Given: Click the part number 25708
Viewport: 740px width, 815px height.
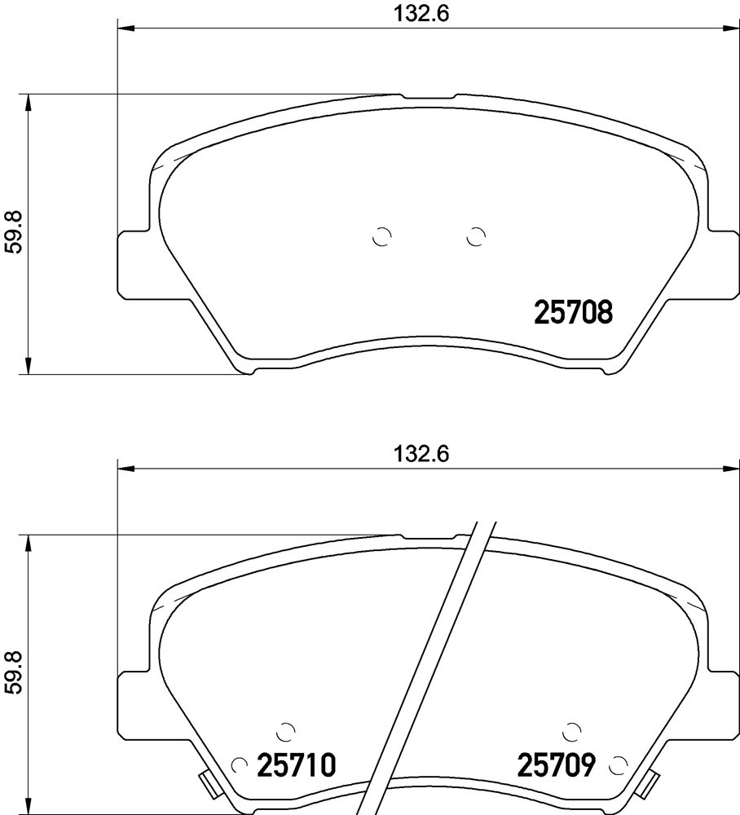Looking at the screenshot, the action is (574, 312).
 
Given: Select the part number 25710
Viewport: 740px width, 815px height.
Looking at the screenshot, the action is (297, 751).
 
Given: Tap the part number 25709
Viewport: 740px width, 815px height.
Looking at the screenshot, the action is (556, 751).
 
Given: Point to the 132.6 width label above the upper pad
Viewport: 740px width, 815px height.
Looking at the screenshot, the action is (421, 14).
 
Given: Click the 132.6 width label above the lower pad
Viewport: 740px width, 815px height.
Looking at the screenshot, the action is (421, 454).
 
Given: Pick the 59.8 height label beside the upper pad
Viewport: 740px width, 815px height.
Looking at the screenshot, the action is (14, 231).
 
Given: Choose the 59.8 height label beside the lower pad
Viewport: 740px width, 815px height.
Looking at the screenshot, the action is (14, 672).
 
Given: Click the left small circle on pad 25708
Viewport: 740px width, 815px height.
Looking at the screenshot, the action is (382, 237).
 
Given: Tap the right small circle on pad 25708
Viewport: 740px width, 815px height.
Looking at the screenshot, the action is (475, 237).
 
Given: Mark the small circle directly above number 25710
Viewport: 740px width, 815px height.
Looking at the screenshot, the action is (285, 731).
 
